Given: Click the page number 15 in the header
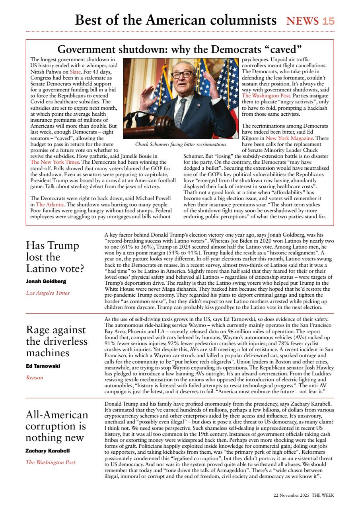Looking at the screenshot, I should point(328,21).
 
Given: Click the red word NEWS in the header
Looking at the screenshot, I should point(302,21).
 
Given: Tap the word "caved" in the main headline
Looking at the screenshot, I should point(283,50).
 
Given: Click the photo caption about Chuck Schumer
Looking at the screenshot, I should point(180,144).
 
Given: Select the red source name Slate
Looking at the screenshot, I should point(75,72).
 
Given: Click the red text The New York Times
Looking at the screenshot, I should point(54,162).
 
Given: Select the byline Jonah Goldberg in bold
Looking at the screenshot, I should point(46,281).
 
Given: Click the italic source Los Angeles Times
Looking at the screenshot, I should point(47,293).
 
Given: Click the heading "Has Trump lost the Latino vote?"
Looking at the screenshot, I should point(55,257).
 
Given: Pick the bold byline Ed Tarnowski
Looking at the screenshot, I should point(43,366).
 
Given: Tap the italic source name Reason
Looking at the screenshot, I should point(34,378).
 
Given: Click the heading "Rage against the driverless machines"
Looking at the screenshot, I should point(56,342).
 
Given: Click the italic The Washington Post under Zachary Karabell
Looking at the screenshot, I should point(50,462).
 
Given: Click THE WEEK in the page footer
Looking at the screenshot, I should point(323,495).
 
